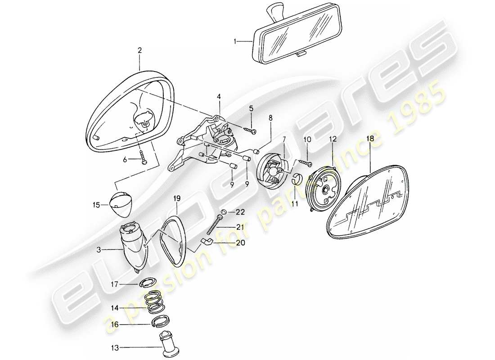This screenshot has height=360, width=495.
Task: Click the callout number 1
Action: [x=235, y=41]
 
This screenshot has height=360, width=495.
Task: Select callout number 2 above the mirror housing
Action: [x=140, y=51]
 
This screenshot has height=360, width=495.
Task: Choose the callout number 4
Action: [x=219, y=97]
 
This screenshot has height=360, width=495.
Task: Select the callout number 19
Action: [x=177, y=197]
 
